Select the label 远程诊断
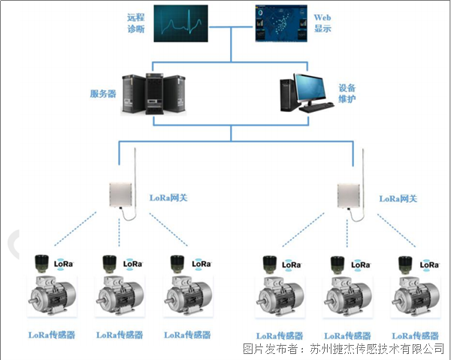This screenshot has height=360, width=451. (135, 23)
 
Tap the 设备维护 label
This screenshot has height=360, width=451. (347, 93)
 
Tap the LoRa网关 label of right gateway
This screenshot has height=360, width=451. (398, 198)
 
